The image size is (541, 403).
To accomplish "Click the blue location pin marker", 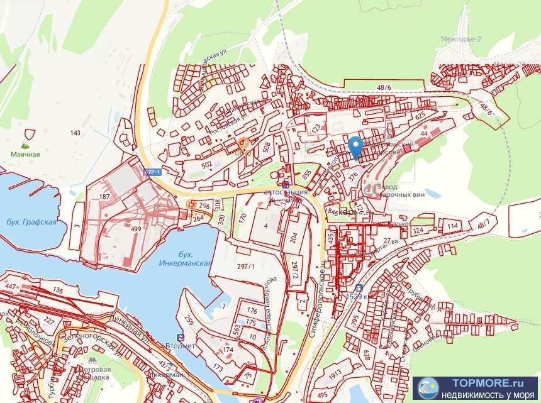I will click(355, 147).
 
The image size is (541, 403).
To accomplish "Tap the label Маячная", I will click(25, 154).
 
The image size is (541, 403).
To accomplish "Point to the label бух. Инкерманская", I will click(194, 258).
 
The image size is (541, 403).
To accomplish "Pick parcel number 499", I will click(135, 230).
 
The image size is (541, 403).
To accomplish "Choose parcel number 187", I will click(105, 197).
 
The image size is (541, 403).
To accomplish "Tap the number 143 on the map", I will click(76, 133).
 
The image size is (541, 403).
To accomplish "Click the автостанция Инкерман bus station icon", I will click(286, 184).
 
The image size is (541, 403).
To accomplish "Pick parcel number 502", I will click(206, 165).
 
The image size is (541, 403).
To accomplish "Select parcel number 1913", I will click(335, 372).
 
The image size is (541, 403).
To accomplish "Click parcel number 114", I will click(452, 226).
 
